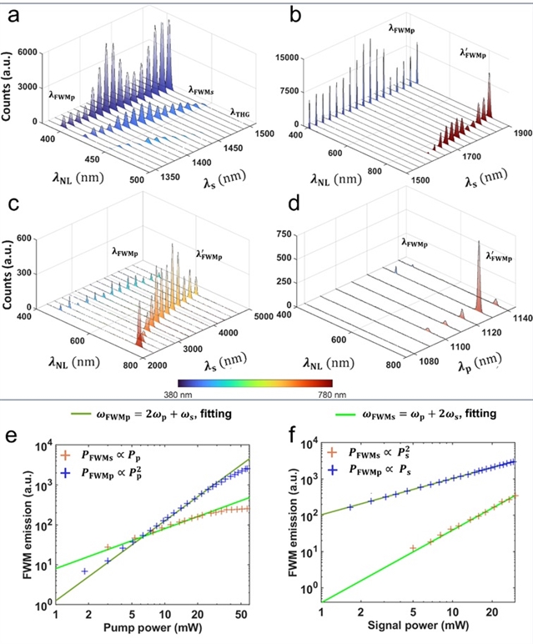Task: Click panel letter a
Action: (12, 15)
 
